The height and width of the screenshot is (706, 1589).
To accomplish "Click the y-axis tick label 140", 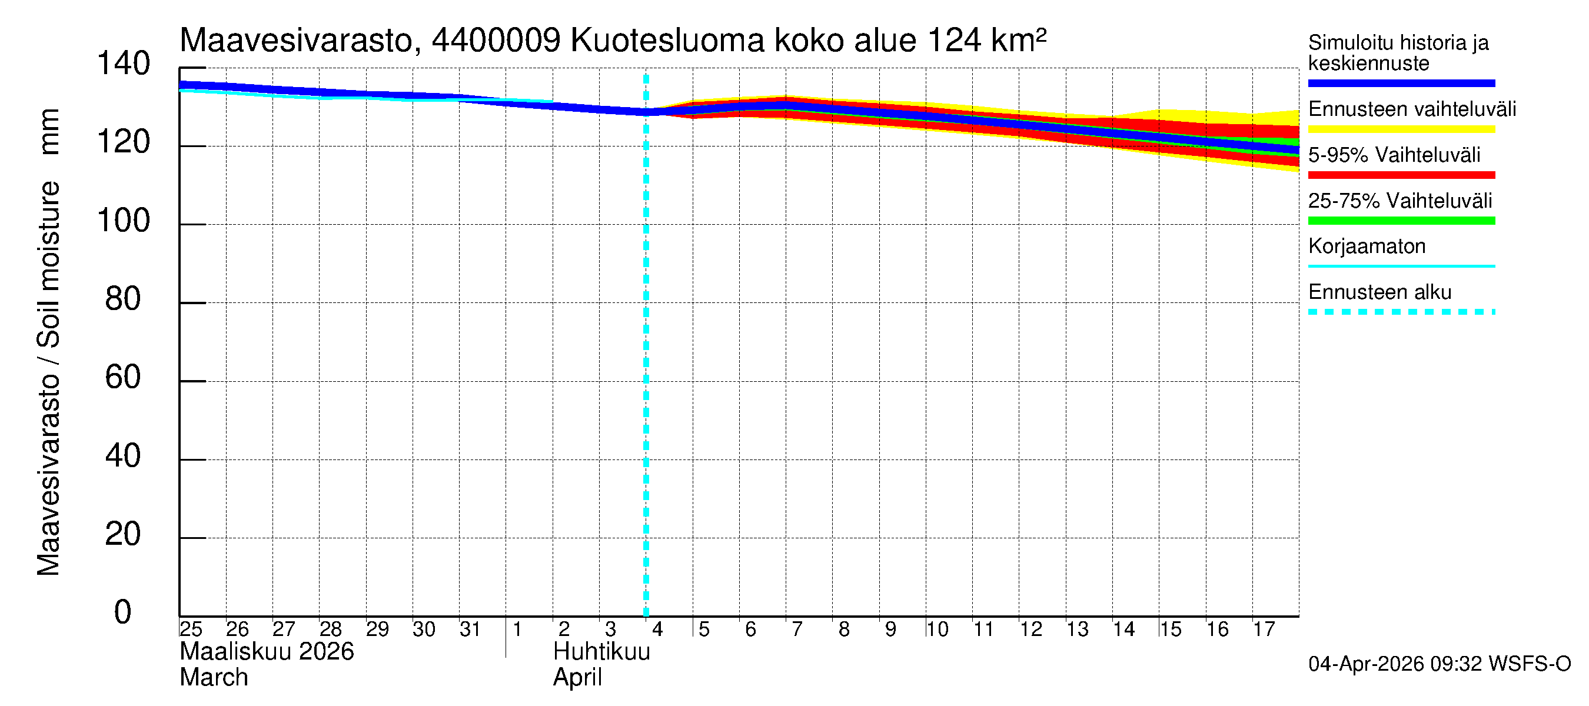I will (x=124, y=64).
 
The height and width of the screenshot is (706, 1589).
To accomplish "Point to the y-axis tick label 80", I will (x=123, y=299).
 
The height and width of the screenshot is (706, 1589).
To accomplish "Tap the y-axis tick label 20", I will (x=123, y=535).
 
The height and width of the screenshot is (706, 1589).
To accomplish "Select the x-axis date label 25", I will (x=191, y=630).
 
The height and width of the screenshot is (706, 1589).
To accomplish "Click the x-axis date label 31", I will (x=470, y=630).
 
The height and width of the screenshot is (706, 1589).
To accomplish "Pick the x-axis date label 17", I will (x=1264, y=630).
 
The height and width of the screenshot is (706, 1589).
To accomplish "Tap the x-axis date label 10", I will (x=936, y=630).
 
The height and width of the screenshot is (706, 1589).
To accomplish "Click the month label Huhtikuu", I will (x=601, y=652).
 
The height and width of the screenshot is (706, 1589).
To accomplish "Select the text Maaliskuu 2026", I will (x=267, y=652).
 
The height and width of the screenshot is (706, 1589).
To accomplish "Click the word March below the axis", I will (x=214, y=678).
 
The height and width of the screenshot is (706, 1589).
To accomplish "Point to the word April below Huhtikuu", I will (x=577, y=678).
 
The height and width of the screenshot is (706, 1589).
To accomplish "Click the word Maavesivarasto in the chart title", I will (x=296, y=41).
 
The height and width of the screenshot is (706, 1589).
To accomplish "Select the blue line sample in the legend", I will (x=1401, y=83).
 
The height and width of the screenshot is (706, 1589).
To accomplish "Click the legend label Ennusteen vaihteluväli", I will (x=1411, y=109).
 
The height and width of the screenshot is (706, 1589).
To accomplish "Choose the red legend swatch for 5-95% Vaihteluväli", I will (x=1401, y=175).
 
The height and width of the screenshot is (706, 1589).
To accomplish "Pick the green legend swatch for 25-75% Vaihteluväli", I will (x=1401, y=221).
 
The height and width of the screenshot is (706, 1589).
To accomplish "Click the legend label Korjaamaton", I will (x=1367, y=247).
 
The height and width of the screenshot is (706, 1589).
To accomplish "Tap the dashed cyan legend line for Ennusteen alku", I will (x=1401, y=312).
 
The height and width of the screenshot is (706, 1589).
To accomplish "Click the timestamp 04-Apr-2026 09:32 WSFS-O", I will (x=1439, y=664).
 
